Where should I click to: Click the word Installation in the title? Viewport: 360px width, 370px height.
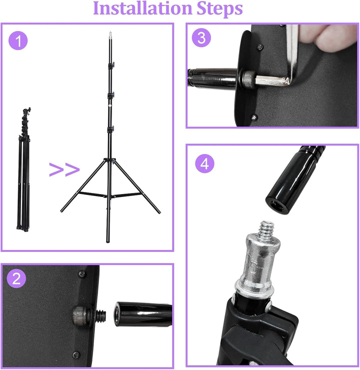(143, 8)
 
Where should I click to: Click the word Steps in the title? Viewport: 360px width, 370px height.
(219, 9)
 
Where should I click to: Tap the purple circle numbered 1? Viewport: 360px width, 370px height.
(18, 40)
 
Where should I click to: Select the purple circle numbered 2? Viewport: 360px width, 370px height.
(16, 278)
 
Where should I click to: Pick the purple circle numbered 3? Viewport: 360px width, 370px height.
(201, 38)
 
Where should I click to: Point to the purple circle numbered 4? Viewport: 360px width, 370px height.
(205, 163)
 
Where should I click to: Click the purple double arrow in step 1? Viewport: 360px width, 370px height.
(64, 169)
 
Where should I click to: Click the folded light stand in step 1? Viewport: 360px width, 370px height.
(24, 169)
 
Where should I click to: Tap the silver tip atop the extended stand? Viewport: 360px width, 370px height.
(110, 34)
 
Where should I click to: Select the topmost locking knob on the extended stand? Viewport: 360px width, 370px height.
(111, 65)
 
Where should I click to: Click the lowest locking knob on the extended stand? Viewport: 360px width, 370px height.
(111, 129)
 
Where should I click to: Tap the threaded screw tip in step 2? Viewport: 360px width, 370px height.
(100, 316)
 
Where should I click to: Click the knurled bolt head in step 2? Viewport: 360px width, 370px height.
(80, 315)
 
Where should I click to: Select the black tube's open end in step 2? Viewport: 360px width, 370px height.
(117, 314)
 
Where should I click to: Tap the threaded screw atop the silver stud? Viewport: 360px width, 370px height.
(267, 228)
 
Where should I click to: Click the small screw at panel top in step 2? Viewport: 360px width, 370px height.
(81, 273)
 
